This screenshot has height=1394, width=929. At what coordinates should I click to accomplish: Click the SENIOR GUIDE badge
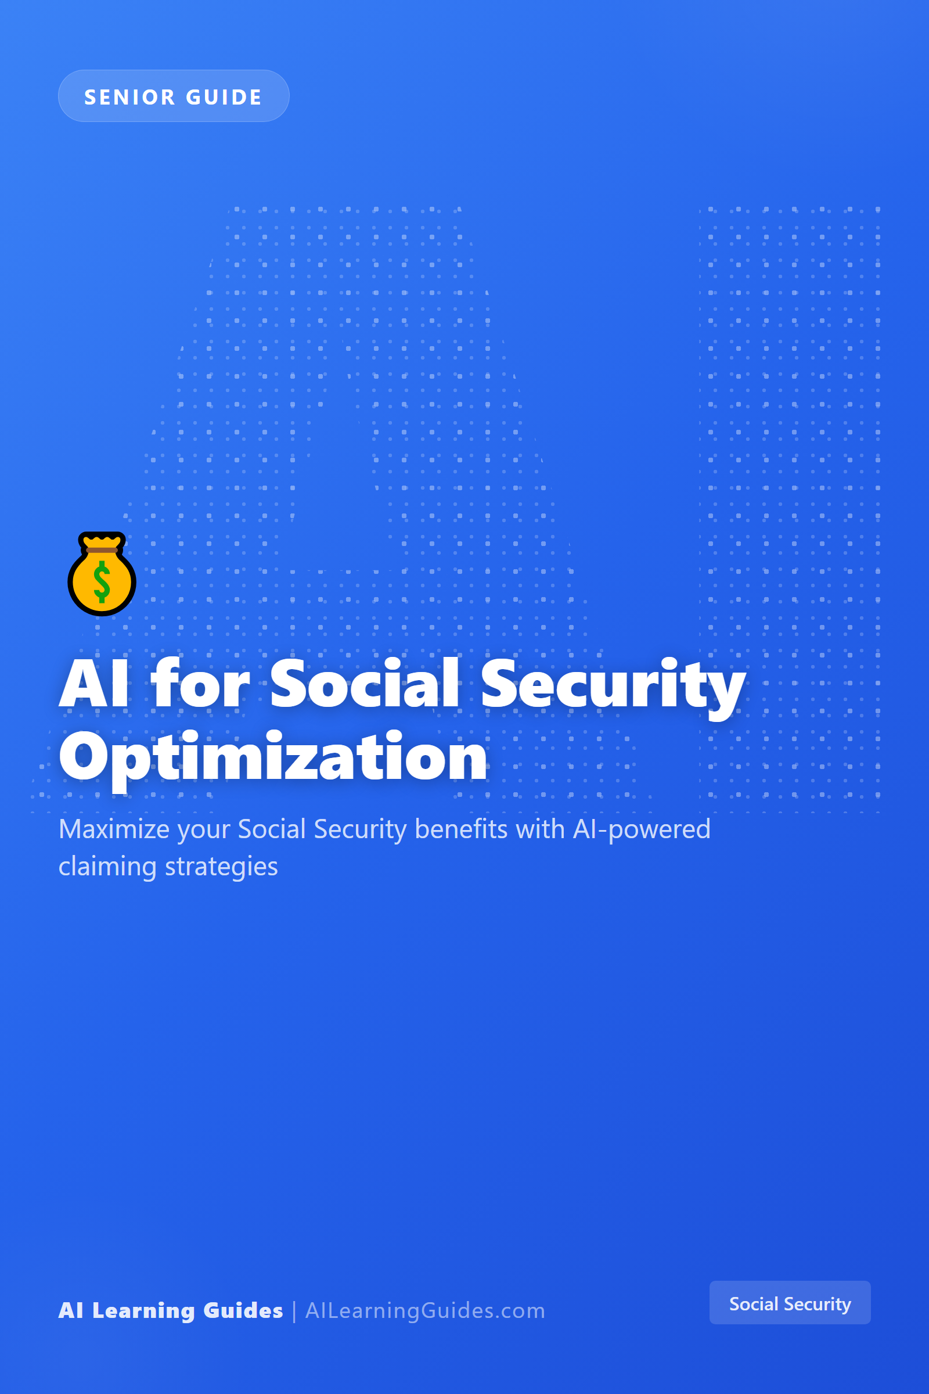pyautogui.click(x=174, y=96)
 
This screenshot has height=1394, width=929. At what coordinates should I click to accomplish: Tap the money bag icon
pyautogui.click(x=102, y=574)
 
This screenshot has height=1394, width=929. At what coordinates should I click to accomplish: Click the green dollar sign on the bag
pyautogui.click(x=102, y=581)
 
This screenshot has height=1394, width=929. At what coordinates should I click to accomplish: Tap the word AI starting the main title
pyautogui.click(x=93, y=684)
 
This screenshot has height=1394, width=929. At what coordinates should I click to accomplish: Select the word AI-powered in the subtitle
pyautogui.click(x=642, y=830)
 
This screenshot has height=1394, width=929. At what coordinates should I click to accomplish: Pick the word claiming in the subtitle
pyautogui.click(x=108, y=867)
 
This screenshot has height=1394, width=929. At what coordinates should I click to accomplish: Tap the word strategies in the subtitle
pyautogui.click(x=221, y=867)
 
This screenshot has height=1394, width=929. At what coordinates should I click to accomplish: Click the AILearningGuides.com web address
pyautogui.click(x=425, y=1310)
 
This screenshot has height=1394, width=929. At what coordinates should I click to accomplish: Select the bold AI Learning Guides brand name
pyautogui.click(x=171, y=1310)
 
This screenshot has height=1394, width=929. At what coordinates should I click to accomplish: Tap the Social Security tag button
pyautogui.click(x=790, y=1303)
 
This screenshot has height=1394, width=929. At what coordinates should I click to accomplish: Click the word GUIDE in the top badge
pyautogui.click(x=224, y=96)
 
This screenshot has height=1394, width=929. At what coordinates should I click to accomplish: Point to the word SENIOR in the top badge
pyautogui.click(x=129, y=96)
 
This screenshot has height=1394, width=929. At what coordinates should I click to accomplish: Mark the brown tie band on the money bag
pyautogui.click(x=102, y=550)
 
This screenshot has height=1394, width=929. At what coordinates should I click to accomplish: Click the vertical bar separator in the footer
pyautogui.click(x=294, y=1311)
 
